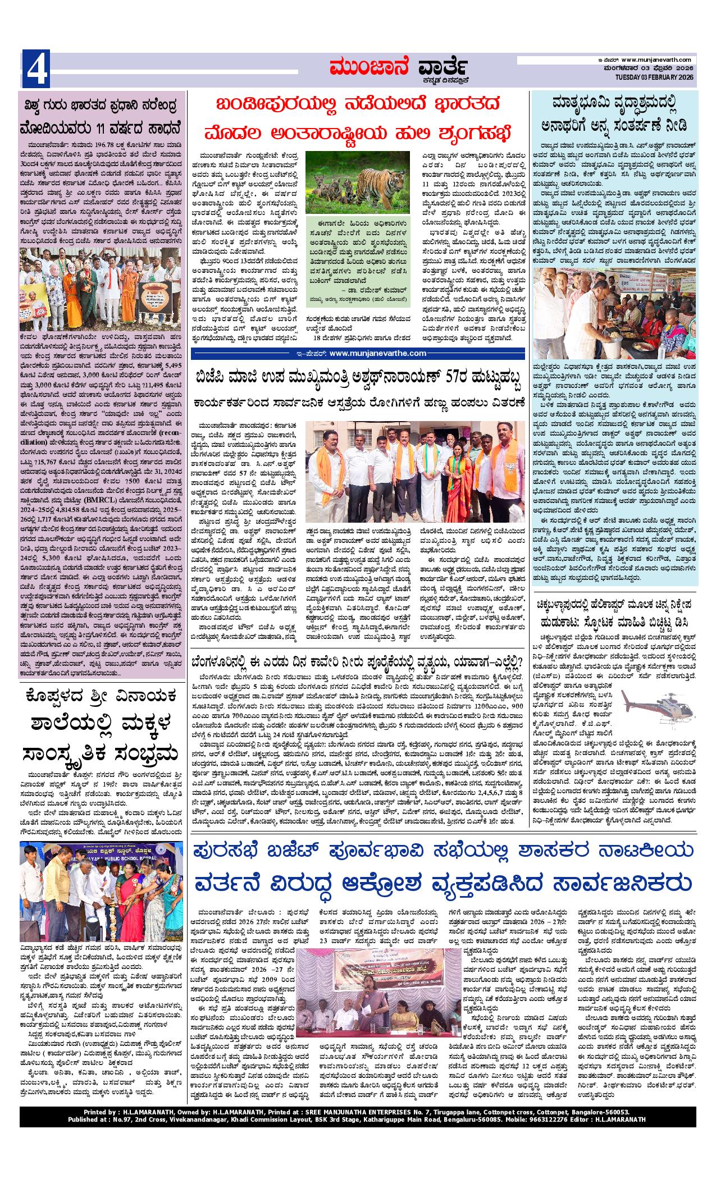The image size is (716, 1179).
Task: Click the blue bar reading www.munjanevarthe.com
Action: coord(358,353)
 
